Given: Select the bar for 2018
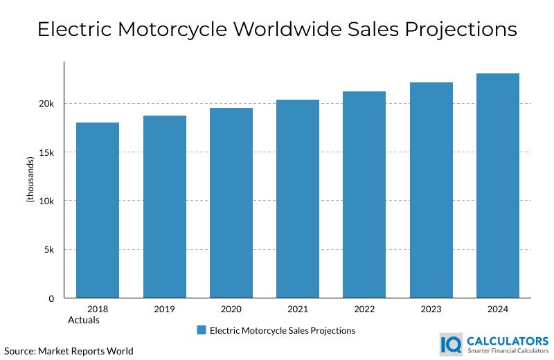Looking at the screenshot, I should tap(98, 210).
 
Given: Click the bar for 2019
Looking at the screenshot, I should tap(164, 207).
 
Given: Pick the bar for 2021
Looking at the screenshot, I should tap(298, 199).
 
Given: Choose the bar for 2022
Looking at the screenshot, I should tap(364, 195).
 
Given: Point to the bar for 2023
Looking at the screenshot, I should tap(431, 190).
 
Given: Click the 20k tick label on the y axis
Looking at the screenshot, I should tap(46, 104).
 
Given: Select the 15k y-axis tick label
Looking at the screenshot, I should tap(46, 152).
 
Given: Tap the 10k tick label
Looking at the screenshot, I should tap(46, 201).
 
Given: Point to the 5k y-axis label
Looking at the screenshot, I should tap(49, 250).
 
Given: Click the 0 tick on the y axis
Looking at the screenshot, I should tap(51, 298).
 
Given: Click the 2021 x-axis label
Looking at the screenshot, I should tap(298, 309).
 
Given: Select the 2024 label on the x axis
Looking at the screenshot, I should tap(497, 309).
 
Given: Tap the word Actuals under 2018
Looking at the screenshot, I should tap(84, 320).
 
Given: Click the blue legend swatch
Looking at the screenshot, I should tap(202, 330).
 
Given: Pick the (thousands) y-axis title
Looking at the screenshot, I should tap(30, 180).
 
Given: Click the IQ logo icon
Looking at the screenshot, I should tap(452, 344).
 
